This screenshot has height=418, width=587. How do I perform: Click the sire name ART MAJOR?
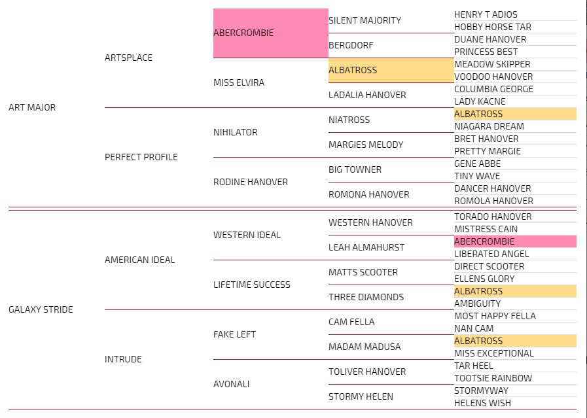pyautogui.click(x=32, y=107)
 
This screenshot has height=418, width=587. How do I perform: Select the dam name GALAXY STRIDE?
pyautogui.click(x=41, y=309)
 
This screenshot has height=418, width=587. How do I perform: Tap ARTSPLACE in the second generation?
pyautogui.click(x=128, y=58)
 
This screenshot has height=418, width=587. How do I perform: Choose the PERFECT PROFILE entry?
pyautogui.click(x=141, y=157)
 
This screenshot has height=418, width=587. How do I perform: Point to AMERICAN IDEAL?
pyautogui.click(x=139, y=260)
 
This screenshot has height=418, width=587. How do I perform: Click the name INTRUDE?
pyautogui.click(x=123, y=359)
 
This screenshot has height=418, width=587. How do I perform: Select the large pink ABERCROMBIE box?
pyautogui.click(x=270, y=33)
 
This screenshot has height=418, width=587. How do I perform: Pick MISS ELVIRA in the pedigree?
pyautogui.click(x=238, y=82)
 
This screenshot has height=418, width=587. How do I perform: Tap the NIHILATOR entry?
pyautogui.click(x=235, y=132)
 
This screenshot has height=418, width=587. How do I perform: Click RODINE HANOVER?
pyautogui.click(x=250, y=182)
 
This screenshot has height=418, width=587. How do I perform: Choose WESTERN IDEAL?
pyautogui.click(x=247, y=235)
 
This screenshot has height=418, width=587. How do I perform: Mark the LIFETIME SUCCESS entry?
pyautogui.click(x=251, y=285)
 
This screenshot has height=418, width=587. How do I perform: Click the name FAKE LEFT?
pyautogui.click(x=234, y=334)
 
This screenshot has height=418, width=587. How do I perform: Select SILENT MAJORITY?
pyautogui.click(x=365, y=20)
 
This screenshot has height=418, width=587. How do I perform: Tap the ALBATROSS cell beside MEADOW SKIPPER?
pyautogui.click(x=391, y=70)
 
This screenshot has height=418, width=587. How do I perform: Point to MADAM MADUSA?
pyautogui.click(x=364, y=347)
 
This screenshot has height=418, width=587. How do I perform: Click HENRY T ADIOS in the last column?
pyautogui.click(x=486, y=14)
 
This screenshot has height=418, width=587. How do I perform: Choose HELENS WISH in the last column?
pyautogui.click(x=482, y=403)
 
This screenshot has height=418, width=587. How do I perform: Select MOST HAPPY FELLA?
pyautogui.click(x=495, y=316)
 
